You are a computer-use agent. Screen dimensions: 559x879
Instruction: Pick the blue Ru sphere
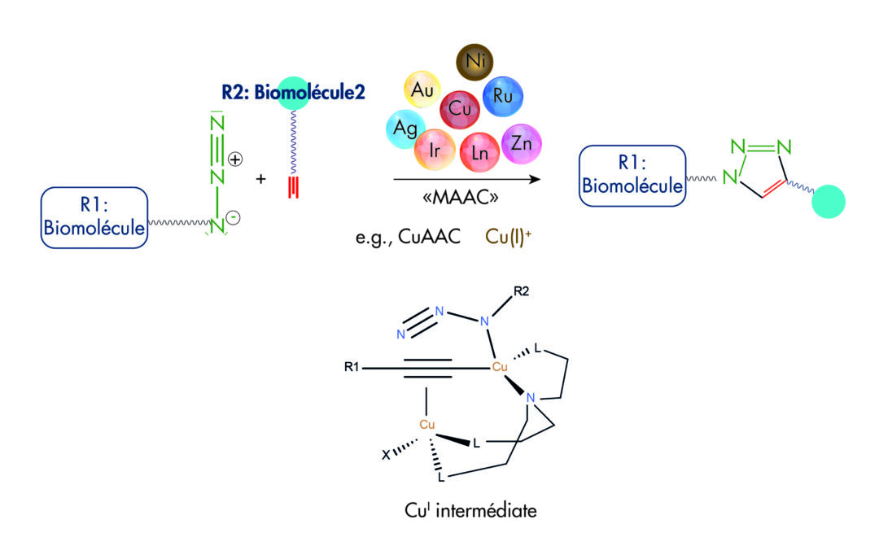coord(502,97)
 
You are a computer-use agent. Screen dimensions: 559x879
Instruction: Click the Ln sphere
coord(479,151)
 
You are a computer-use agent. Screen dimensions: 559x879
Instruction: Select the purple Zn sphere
coord(521,144)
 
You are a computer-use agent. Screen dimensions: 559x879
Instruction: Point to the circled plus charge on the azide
coord(235,159)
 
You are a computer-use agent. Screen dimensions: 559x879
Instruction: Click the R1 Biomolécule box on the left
coord(94,217)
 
